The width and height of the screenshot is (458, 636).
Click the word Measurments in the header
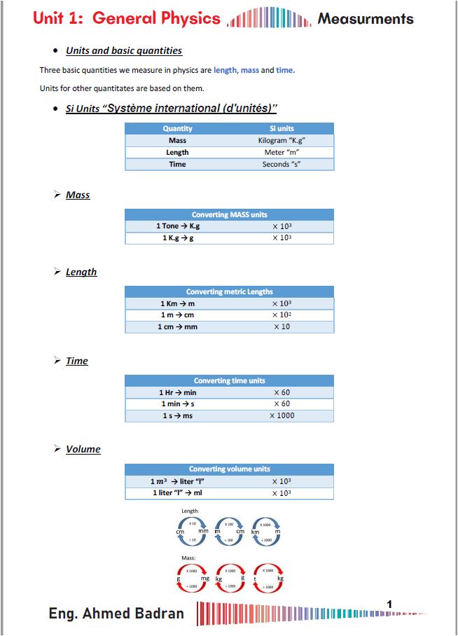[365, 19]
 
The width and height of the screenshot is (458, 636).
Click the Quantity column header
[177, 129]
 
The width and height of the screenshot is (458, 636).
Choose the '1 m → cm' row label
[177, 315]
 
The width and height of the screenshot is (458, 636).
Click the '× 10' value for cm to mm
[282, 327]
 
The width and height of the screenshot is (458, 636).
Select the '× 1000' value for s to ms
[282, 416]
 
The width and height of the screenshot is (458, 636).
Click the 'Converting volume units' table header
[229, 469]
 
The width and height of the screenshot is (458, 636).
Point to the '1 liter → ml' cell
[177, 493]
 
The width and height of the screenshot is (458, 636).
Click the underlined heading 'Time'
[76, 361]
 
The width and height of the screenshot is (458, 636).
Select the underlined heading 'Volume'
[83, 449]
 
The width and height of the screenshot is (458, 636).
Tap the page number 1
[389, 604]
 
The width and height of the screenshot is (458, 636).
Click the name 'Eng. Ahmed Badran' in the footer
[116, 614]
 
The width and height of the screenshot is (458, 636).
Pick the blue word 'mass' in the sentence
[250, 70]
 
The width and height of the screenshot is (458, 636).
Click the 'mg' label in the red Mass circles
[205, 579]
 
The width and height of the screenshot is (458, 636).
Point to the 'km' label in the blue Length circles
[255, 532]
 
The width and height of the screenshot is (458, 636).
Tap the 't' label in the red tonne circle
[255, 579]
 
